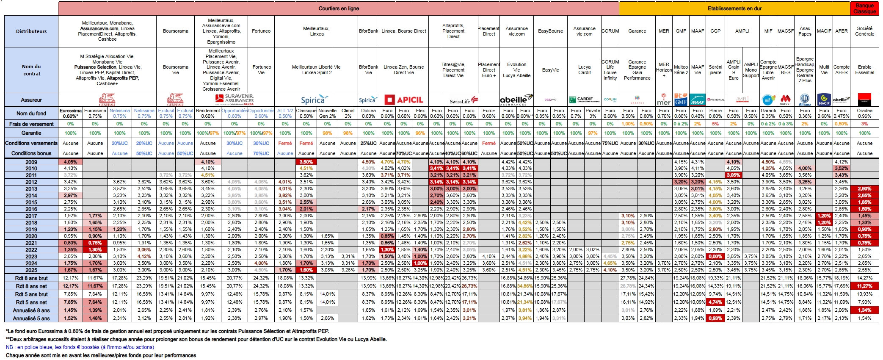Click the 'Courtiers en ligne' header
pyautogui.click(x=338, y=8)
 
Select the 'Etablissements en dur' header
pyautogui.click(x=734, y=8)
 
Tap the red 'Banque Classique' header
pyautogui.click(x=864, y=8)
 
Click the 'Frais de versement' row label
pyautogui.click(x=31, y=124)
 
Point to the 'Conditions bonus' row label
pyautogui.click(x=31, y=153)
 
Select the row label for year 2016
pyautogui.click(x=31, y=209)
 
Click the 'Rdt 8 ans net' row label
pyautogui.click(x=31, y=286)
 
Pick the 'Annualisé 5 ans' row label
pyautogui.click(x=31, y=318)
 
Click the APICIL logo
pyautogui.click(x=403, y=100)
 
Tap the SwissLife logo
pyautogui.click(x=464, y=101)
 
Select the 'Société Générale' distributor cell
pyautogui.click(x=864, y=31)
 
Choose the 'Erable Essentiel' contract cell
pyautogui.click(x=864, y=70)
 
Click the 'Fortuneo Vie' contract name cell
pyautogui.click(x=261, y=70)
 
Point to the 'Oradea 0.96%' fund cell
pyautogui.click(x=864, y=113)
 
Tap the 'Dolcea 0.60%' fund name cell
pyautogui.click(x=368, y=113)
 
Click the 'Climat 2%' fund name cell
pyautogui.click(x=348, y=113)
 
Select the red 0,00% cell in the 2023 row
pyautogui.click(x=715, y=256)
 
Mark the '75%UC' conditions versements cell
pyautogui.click(x=610, y=143)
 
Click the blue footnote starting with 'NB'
pyautogui.click(x=80, y=347)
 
